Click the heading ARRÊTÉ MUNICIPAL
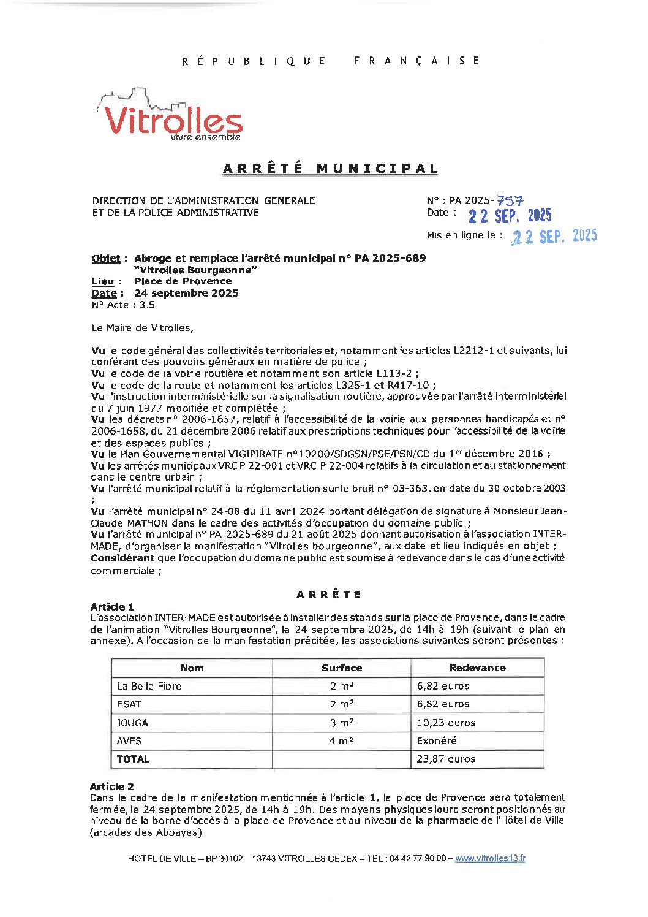pos(330,169)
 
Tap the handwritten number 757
pos(510,200)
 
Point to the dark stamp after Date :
pos(510,216)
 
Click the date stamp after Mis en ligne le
pos(554,237)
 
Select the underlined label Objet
pos(106,258)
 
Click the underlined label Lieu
pos(103,281)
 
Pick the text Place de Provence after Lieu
pos(183,281)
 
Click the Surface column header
pos(341,668)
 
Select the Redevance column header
pos(477,668)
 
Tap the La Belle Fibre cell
pos(149,686)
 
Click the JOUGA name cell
pos(132,723)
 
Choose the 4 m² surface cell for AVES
pos(341,740)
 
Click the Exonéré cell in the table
pos(437,740)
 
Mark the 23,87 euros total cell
pos(446,759)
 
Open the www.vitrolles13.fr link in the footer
pos(489,858)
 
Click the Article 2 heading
pos(111,786)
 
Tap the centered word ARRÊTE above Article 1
pos(329,595)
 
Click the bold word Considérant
pos(122,558)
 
